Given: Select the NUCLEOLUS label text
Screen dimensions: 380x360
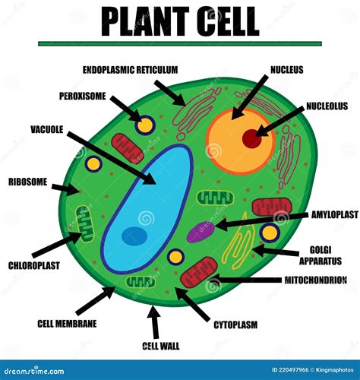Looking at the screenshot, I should click(327, 106).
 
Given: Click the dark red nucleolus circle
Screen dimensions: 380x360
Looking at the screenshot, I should click(251, 138).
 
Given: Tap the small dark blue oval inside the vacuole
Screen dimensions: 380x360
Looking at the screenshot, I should click(134, 236).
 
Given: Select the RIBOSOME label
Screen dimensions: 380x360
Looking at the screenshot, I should click(28, 182).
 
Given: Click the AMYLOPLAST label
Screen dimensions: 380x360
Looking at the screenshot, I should click(333, 215).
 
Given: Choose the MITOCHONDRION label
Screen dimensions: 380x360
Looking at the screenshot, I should click(315, 280).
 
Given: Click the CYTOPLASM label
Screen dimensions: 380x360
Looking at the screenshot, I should click(235, 325).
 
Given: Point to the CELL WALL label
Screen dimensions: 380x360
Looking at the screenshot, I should click(160, 346).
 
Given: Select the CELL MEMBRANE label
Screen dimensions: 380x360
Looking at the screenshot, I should click(67, 324).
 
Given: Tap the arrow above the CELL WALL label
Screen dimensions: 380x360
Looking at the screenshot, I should click(155, 322).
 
